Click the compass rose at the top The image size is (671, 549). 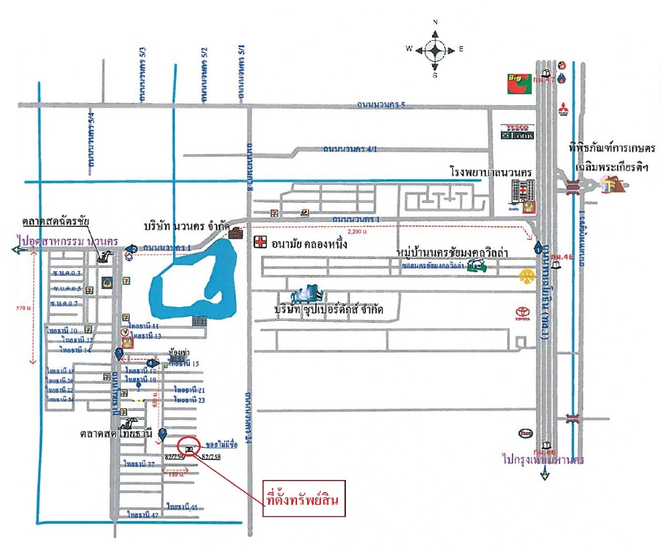tap(435, 49)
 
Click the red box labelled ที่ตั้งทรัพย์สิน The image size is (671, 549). tap(303, 499)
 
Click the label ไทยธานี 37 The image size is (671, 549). tap(138, 463)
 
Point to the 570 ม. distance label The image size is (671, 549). tap(22, 308)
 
